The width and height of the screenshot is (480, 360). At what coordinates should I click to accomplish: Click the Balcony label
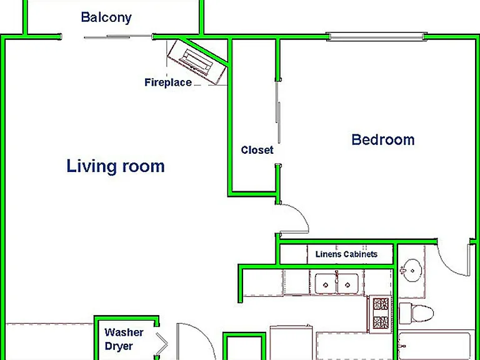point(106,17)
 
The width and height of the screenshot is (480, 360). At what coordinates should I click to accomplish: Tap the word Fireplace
point(168,82)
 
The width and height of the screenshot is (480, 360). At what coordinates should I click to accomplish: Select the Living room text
point(116,166)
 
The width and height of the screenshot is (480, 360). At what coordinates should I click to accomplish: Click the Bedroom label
point(383,139)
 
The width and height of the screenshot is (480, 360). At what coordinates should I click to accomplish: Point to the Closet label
point(257,150)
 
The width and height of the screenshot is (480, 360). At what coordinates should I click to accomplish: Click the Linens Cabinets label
point(346,254)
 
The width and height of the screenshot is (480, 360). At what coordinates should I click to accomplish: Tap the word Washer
point(124,332)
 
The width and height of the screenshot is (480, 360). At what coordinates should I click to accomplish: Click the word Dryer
point(119,346)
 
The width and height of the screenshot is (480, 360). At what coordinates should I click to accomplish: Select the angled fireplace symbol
point(197,62)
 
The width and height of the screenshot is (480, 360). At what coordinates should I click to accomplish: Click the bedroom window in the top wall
point(376,37)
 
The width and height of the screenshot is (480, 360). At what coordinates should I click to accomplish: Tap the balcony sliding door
point(118,37)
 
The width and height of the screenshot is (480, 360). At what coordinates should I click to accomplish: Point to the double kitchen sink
point(337,284)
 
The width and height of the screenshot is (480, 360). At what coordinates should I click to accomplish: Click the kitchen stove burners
point(381,313)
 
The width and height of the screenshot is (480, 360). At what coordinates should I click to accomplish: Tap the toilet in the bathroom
point(416,314)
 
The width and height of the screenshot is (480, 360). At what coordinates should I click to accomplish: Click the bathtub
point(434,346)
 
